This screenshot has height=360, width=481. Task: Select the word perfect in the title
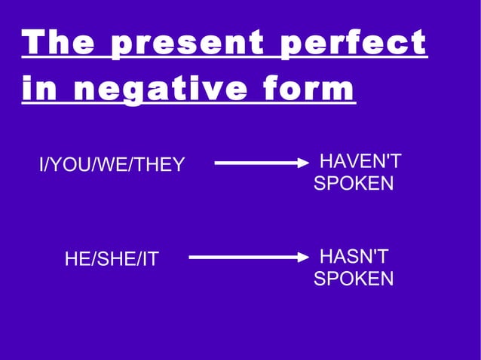(354, 44)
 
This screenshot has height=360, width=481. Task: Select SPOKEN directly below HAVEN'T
(354, 184)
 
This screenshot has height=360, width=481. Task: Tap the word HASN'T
(354, 257)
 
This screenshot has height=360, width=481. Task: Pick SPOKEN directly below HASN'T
(354, 279)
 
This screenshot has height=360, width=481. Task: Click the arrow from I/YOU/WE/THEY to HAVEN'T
(261, 162)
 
